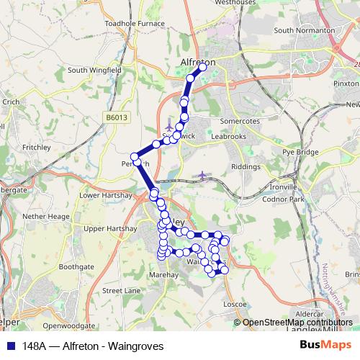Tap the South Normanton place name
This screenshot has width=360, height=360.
point(304,30)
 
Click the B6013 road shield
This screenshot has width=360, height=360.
point(116,116)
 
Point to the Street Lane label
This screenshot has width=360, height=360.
point(122,291)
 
